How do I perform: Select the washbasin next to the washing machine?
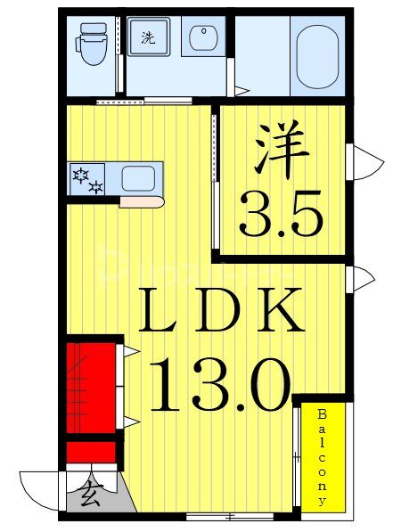203,39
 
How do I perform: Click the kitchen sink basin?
138,178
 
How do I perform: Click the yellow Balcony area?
323,456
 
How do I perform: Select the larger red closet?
92,384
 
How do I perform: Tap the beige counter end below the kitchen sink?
141,202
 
